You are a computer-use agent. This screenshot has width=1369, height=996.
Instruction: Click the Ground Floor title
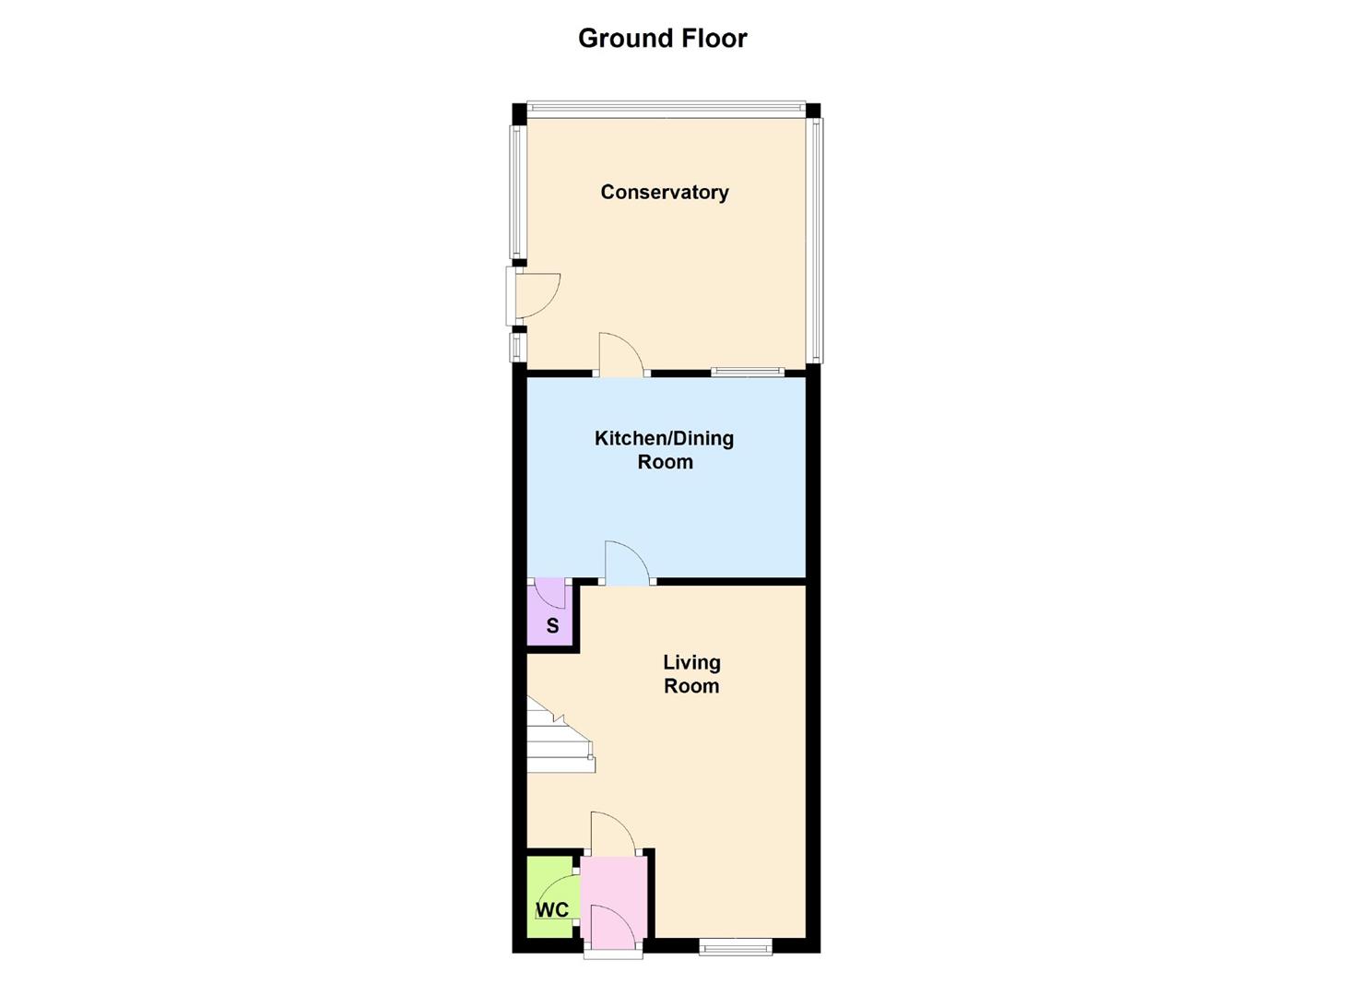click(662, 39)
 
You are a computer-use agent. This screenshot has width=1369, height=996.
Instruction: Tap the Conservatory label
click(664, 192)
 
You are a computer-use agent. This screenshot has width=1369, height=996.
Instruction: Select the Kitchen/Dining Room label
click(664, 449)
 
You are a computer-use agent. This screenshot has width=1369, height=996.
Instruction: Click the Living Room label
click(691, 674)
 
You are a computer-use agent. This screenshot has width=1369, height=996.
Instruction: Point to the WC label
click(552, 910)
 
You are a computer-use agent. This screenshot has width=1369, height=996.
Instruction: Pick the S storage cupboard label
click(552, 625)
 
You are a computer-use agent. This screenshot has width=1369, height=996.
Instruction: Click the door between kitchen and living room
click(627, 563)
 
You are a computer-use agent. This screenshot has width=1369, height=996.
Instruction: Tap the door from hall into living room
click(612, 832)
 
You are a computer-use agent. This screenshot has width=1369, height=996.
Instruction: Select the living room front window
click(735, 946)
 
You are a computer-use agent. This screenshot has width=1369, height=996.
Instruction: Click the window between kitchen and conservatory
click(747, 372)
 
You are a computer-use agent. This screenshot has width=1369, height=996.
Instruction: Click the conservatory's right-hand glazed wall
click(815, 240)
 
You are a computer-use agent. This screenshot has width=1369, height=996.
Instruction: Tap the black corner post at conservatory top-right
click(812, 111)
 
